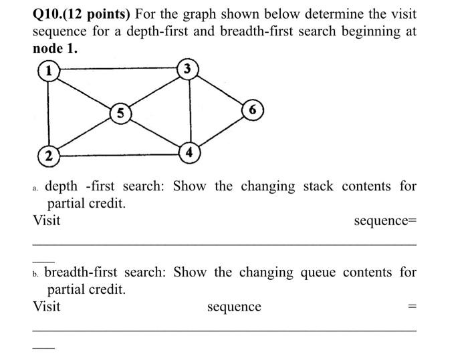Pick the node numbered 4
point(189,152)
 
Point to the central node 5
point(119,113)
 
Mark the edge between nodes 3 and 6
point(222,89)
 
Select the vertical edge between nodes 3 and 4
point(190,110)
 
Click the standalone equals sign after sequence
point(412,307)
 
